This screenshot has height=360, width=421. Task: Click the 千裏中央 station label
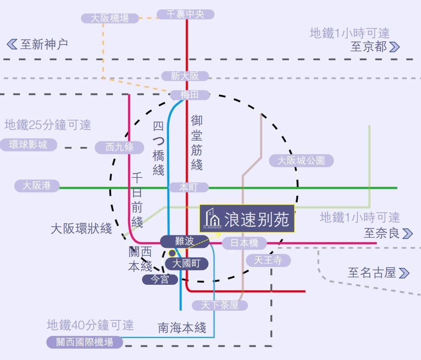click(x=185, y=14)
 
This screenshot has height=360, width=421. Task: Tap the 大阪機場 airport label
click(x=109, y=18)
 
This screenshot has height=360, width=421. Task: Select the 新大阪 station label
click(x=185, y=76)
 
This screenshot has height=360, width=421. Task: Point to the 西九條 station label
click(x=119, y=147)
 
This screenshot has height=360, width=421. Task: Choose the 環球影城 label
click(x=28, y=145)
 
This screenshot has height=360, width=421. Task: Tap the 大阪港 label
click(x=36, y=186)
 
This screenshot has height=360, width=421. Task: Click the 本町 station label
click(x=188, y=187)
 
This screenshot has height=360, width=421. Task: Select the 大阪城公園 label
click(x=301, y=161)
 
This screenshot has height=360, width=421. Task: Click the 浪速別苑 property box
click(x=247, y=218)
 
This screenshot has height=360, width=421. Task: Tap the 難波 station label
click(x=184, y=241)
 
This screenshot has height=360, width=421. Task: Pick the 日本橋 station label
click(x=244, y=243)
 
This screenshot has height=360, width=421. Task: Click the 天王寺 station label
click(x=268, y=260)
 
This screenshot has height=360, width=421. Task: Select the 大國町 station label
click(x=186, y=264)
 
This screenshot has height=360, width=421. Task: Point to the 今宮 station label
click(x=160, y=279)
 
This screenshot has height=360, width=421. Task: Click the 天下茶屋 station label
click(x=219, y=305)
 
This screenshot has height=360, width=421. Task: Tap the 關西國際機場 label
click(x=85, y=342)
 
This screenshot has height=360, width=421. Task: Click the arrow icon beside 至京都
click(x=394, y=47)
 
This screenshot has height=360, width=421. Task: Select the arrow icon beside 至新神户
click(x=12, y=44)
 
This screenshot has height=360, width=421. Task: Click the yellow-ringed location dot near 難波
click(x=172, y=253)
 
